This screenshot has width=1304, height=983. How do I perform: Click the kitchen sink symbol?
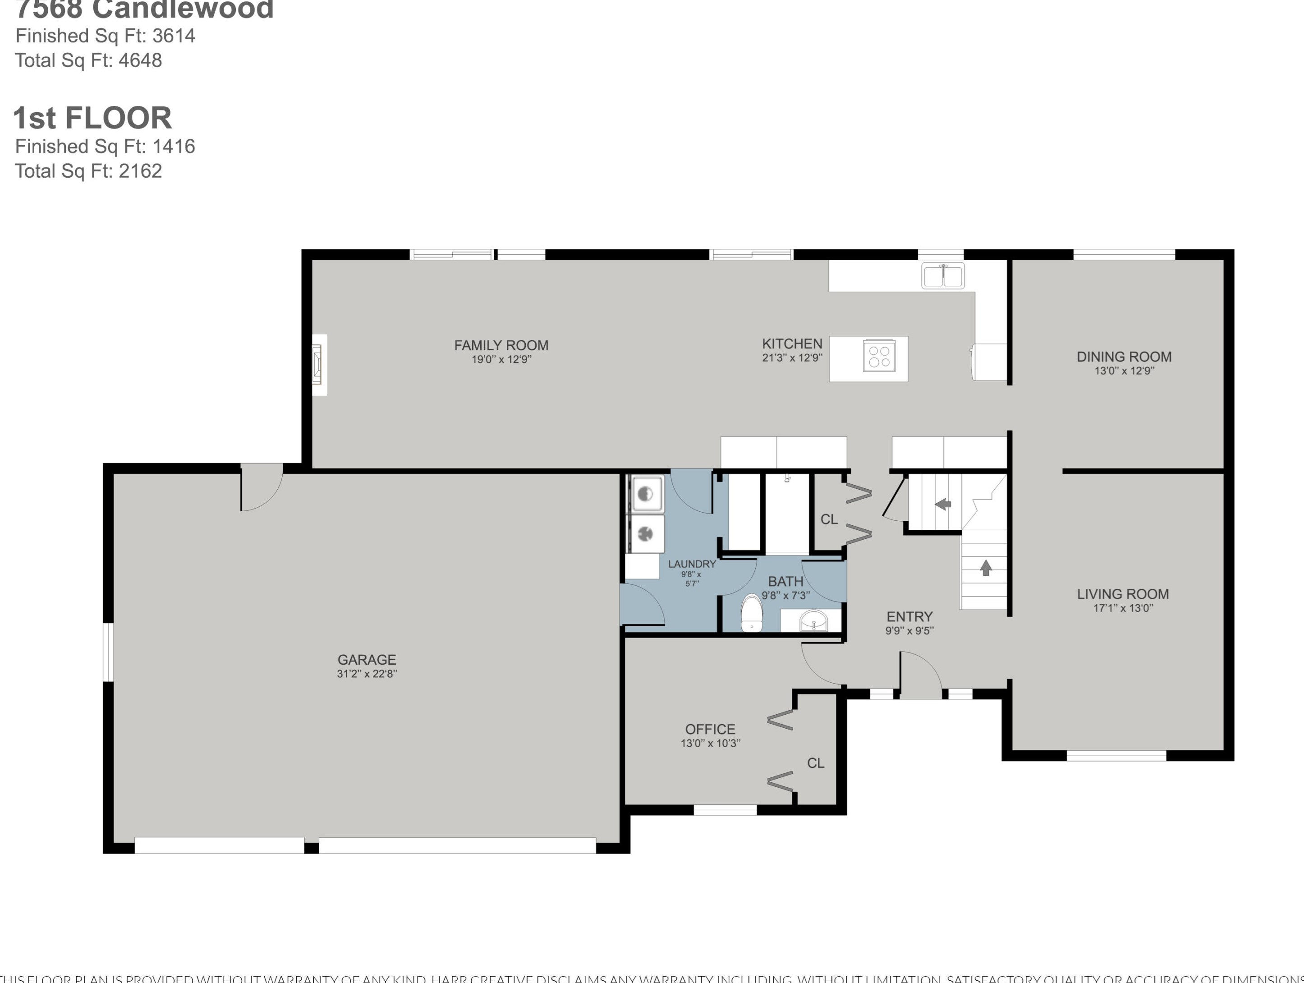point(943,276)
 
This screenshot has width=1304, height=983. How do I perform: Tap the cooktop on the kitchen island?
point(879,356)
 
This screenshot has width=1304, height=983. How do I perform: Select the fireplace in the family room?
point(318,364)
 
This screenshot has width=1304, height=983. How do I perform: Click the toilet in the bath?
point(751,614)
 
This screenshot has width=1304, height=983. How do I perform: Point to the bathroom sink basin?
point(813,621)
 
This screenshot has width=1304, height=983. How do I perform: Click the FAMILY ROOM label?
point(501,345)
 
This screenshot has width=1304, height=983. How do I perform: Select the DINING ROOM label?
point(1124,357)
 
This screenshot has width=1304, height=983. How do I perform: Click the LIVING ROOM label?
point(1122,594)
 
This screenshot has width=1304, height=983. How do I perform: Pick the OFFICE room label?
point(710,730)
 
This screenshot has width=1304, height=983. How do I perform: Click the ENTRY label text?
point(909,617)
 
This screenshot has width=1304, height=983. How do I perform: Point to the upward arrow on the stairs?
point(985,568)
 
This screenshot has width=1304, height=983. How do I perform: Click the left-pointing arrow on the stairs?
point(943,504)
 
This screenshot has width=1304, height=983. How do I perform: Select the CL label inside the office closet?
point(815,763)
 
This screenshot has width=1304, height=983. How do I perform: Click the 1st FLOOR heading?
point(92,118)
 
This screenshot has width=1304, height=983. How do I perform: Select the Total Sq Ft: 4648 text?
point(88,60)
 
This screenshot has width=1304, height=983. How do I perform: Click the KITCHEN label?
point(792,344)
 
